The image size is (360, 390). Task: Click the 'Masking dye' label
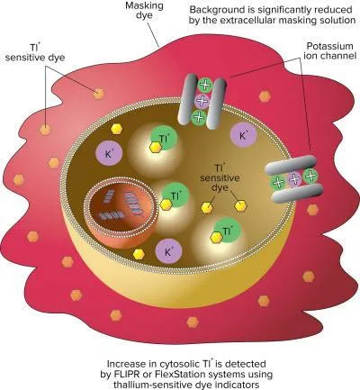[x=144, y=10]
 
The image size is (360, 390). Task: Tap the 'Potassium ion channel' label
[x=329, y=50]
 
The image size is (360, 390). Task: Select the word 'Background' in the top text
[x=214, y=10]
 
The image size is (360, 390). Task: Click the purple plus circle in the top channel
[x=202, y=101]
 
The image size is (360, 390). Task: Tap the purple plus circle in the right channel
[x=294, y=179]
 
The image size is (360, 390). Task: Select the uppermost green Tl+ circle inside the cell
[x=164, y=139]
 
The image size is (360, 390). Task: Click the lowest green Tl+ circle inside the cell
[x=228, y=231]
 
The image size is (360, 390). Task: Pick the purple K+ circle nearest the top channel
[x=243, y=136]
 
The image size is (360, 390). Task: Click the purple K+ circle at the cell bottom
[x=168, y=251]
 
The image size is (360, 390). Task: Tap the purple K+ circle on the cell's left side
[x=109, y=153]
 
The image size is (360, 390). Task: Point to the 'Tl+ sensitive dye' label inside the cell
[x=220, y=177]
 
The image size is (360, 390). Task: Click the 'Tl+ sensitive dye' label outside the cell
[x=35, y=52]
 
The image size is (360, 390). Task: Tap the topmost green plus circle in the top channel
[x=205, y=85]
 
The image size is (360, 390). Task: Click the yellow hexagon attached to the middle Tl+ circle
[x=166, y=204]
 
